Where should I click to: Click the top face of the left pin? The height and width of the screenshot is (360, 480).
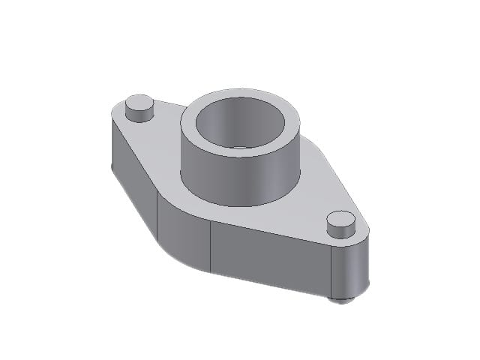pos(139,103)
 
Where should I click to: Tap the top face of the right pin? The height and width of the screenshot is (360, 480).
pos(341,220)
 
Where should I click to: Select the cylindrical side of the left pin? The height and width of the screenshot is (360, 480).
pos(139,115)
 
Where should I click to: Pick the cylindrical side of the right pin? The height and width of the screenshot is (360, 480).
pos(341,233)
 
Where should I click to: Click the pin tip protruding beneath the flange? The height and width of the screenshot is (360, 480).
pos(343,299)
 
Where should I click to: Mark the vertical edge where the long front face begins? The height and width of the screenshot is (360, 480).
pos(211,247)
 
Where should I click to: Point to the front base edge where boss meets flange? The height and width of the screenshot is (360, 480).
pos(240,205)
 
